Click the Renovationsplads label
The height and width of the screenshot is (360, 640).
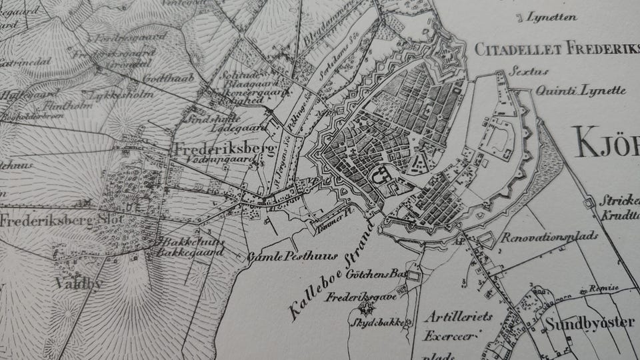coord(549,236)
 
